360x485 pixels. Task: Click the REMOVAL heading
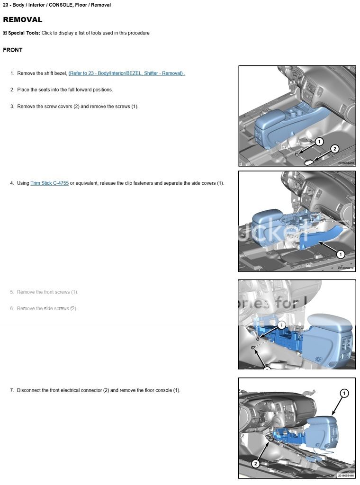pos(23,20)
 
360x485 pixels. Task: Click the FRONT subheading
pos(13,50)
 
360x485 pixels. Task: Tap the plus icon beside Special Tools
pos(5,33)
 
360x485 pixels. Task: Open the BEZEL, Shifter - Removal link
pos(126,73)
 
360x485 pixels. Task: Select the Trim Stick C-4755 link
pos(49,183)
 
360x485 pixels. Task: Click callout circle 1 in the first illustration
pos(319,142)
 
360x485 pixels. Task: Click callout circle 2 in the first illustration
pos(334,149)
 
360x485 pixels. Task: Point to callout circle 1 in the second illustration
pos(340,254)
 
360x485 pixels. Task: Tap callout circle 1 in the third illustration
pos(281,325)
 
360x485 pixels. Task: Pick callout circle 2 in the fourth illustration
pos(256,463)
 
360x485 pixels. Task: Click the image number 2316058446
pos(346,476)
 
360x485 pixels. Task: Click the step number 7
pos(12,390)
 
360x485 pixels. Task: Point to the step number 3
pos(12,107)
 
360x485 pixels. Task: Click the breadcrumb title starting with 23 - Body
pos(57,5)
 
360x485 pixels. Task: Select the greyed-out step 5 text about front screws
pos(47,292)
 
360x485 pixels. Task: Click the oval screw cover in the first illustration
pos(309,162)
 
